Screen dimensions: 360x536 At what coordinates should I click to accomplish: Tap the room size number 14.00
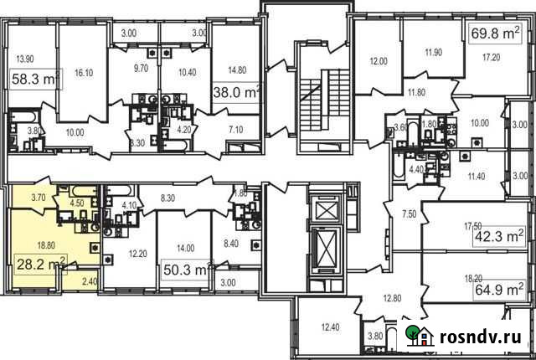click(x=185, y=248)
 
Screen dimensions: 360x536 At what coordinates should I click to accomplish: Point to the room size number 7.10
click(x=234, y=130)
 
